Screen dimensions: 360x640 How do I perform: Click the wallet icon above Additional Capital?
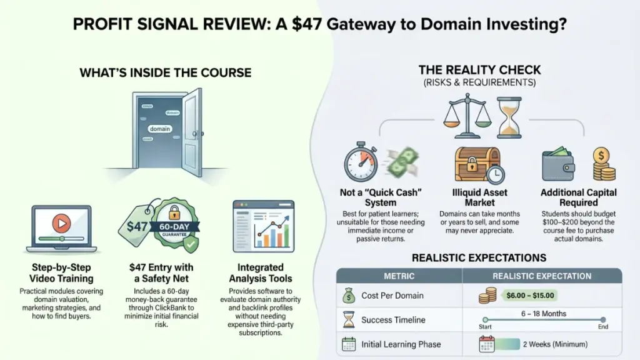click(560, 164)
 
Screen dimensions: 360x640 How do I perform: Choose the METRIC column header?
click(398, 276)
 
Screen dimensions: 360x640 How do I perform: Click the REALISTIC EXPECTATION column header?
click(542, 276)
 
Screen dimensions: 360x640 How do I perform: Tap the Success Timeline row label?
click(394, 320)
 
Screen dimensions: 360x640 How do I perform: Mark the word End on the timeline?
click(602, 326)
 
